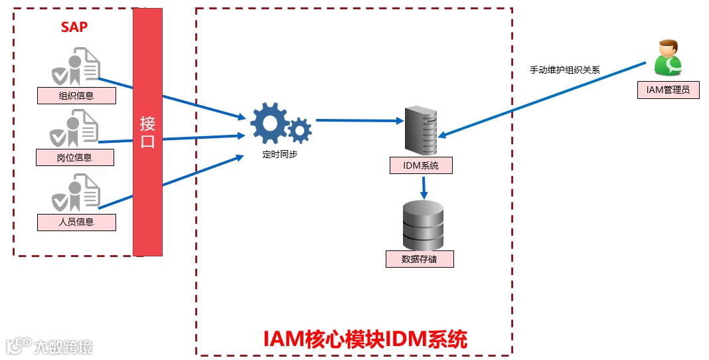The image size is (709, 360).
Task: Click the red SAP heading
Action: (74, 27)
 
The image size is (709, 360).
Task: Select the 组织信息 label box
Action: (76, 96)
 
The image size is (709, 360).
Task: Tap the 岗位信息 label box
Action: (74, 157)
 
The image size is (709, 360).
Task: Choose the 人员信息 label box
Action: (76, 222)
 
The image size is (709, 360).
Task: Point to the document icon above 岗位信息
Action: (76, 128)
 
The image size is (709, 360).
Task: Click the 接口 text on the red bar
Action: (147, 132)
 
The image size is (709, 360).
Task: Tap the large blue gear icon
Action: (269, 124)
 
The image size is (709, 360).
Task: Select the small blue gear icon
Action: (300, 130)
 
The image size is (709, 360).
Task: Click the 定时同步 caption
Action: (279, 155)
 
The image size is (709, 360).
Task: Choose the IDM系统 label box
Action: (421, 165)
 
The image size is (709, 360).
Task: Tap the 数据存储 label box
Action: (420, 259)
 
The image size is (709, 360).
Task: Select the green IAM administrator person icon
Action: (668, 58)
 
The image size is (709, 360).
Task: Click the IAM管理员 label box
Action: (668, 90)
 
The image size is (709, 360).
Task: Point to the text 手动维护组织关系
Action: (564, 69)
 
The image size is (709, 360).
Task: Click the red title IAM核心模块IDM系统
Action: (365, 339)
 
